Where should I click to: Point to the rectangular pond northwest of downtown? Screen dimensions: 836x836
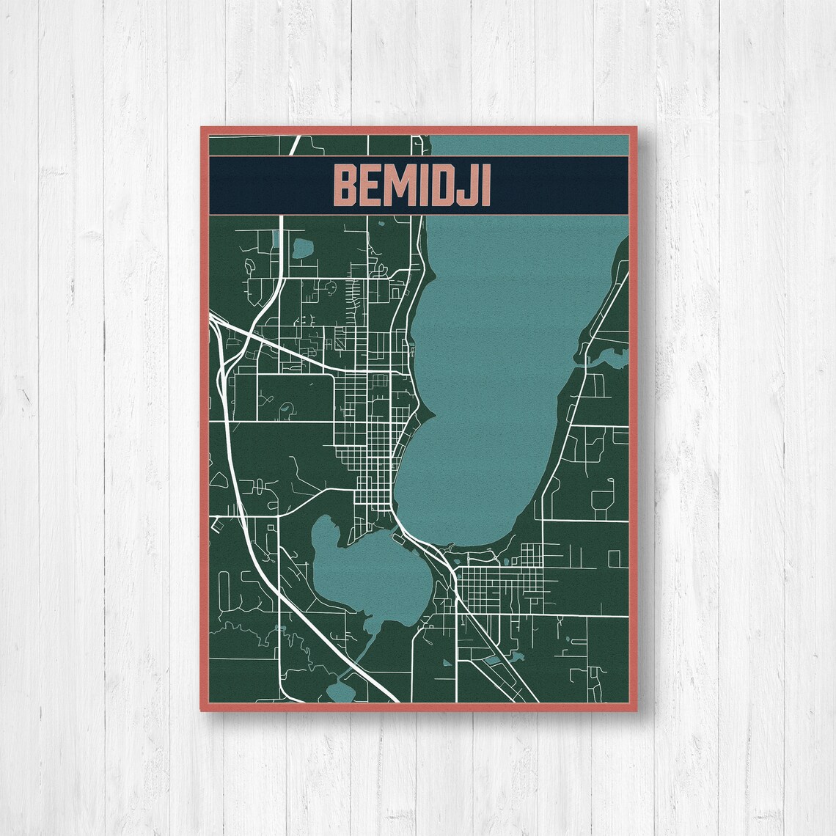coord(301,247)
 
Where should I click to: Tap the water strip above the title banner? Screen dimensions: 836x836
coord(528,145)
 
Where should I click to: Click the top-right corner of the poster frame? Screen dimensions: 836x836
coord(634,128)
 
